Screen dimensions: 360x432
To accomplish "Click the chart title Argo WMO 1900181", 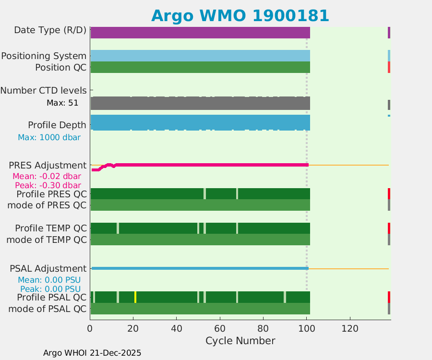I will (x=240, y=15).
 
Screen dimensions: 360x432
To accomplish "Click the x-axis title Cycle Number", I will (x=240, y=341).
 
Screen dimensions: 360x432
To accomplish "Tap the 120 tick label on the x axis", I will (x=350, y=329).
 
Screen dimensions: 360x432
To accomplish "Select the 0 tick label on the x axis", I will (x=90, y=329).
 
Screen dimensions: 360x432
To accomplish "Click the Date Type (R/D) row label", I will (x=50, y=30).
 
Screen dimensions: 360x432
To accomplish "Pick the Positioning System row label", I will (x=44, y=56).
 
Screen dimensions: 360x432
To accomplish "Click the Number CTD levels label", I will (x=43, y=90).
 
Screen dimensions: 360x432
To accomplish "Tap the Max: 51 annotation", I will (x=62, y=103).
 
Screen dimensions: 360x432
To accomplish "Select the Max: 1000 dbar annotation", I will (x=49, y=137).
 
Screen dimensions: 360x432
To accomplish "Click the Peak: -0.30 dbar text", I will (x=48, y=185).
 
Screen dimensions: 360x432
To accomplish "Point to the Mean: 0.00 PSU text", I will (x=49, y=280).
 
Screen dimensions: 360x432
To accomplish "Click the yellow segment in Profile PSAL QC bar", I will (x=135, y=297).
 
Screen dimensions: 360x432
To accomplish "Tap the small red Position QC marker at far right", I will (x=389, y=67).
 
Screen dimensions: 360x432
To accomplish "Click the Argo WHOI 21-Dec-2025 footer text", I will (x=92, y=353).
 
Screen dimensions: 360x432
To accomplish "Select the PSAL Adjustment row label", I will (x=48, y=268).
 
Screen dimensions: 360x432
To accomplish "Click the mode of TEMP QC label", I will (x=47, y=239).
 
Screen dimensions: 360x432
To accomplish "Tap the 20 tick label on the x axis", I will (x=133, y=329).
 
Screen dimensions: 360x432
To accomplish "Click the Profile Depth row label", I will (x=57, y=125).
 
